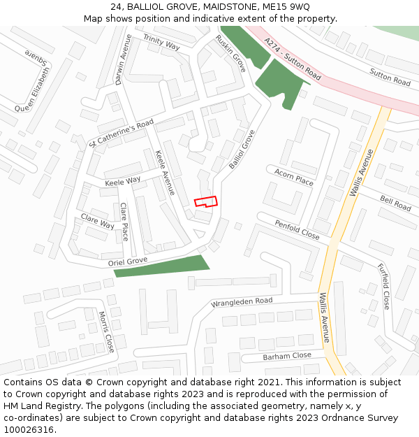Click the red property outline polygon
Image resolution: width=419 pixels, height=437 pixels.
click(205, 201)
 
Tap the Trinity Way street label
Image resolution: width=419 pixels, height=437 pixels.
click(161, 41)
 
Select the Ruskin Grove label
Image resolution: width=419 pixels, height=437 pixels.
click(230, 53)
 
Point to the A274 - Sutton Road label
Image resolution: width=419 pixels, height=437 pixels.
click(293, 58)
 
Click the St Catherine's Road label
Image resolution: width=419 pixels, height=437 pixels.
click(122, 134)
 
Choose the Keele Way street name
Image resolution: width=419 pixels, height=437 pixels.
click(122, 181)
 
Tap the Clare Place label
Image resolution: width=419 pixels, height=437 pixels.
click(124, 222)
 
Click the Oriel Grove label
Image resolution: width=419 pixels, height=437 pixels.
click(128, 262)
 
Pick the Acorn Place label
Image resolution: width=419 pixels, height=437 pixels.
click(294, 176)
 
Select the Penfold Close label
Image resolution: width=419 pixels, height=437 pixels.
click(297, 230)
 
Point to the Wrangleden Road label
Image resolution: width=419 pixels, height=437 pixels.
click(242, 303)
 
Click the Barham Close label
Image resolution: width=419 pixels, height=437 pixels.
click(287, 356)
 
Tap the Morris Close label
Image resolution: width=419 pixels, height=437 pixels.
click(106, 331)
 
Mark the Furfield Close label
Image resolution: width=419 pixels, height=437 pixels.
click(384, 287)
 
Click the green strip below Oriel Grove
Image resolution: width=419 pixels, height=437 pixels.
click(161, 266)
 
